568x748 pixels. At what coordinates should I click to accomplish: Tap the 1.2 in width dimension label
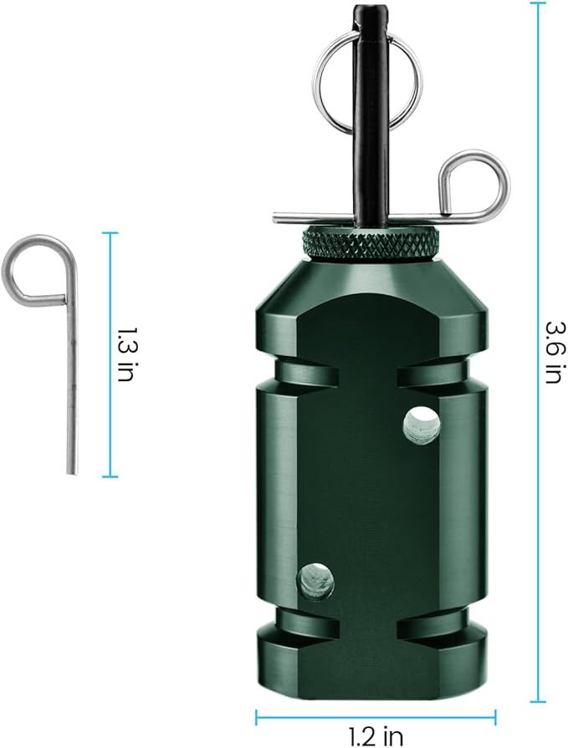click(x=376, y=735)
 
